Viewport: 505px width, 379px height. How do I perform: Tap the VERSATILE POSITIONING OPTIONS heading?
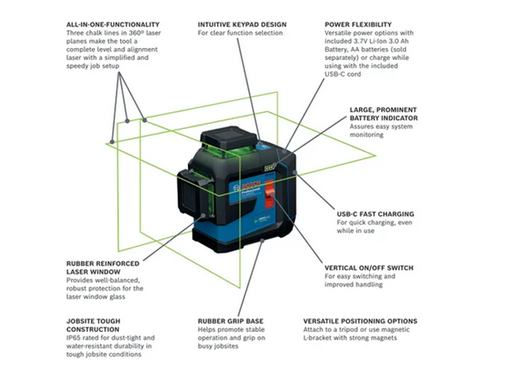[377, 321]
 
